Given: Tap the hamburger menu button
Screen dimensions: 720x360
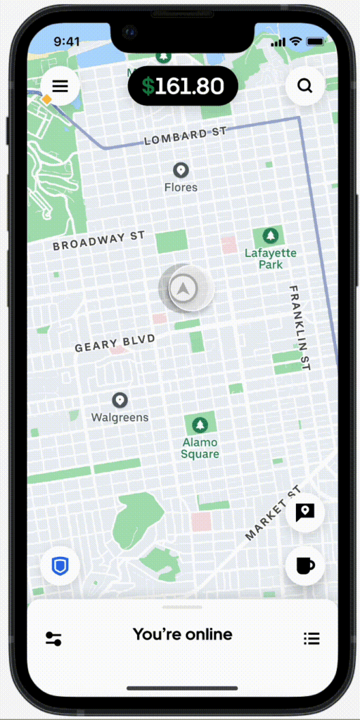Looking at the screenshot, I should (x=60, y=86).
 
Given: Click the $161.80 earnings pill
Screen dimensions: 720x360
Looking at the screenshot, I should (x=183, y=86).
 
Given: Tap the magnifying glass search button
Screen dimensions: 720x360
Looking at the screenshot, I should (x=304, y=86).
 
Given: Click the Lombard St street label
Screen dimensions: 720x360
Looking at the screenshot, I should (x=186, y=136).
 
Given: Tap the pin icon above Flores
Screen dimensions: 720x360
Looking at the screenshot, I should (x=181, y=170).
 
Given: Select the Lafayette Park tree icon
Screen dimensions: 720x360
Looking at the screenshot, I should (x=270, y=236).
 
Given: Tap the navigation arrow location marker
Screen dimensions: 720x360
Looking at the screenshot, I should (x=184, y=288).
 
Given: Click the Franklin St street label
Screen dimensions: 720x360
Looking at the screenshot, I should (x=300, y=327).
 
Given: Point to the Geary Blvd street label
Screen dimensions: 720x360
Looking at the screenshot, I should (x=115, y=342).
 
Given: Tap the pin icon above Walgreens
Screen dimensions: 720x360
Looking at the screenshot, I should (x=120, y=400).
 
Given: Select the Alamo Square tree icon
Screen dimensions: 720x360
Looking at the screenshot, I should (x=200, y=425).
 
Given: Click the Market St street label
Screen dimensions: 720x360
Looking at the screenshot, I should (x=273, y=513).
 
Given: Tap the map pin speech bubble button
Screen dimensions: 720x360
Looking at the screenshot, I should (x=304, y=513).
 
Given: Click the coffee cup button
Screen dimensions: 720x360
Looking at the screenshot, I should (x=304, y=565).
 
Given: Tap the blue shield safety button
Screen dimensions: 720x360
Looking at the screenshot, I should (x=60, y=565).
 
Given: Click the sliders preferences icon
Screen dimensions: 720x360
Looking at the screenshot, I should (x=53, y=638).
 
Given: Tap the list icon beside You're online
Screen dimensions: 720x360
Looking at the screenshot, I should (x=311, y=638).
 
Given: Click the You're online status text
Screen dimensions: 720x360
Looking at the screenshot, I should (x=182, y=634).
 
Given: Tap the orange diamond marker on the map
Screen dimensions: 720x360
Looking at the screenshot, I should (x=46, y=100).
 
